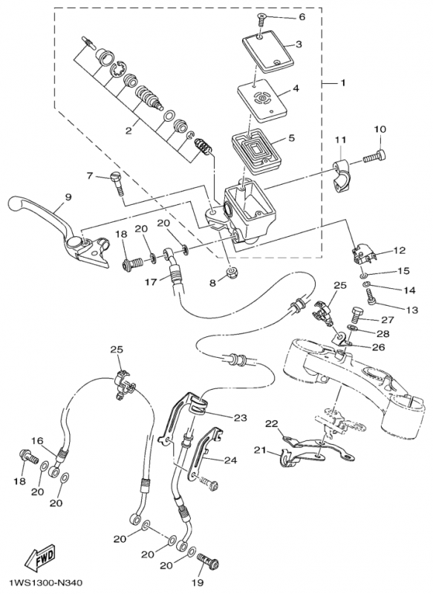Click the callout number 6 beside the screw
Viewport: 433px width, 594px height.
pyautogui.click(x=302, y=17)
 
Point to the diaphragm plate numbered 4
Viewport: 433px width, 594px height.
pyautogui.click(x=262, y=100)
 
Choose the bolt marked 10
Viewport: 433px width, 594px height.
pyautogui.click(x=374, y=157)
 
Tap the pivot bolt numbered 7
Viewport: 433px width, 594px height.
pyautogui.click(x=117, y=183)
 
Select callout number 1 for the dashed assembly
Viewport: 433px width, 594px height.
pyautogui.click(x=343, y=82)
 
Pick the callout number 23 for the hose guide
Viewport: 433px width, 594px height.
pyautogui.click(x=240, y=418)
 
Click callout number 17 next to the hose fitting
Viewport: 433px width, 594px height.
pyautogui.click(x=151, y=282)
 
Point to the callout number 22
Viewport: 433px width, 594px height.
pyautogui.click(x=271, y=423)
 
